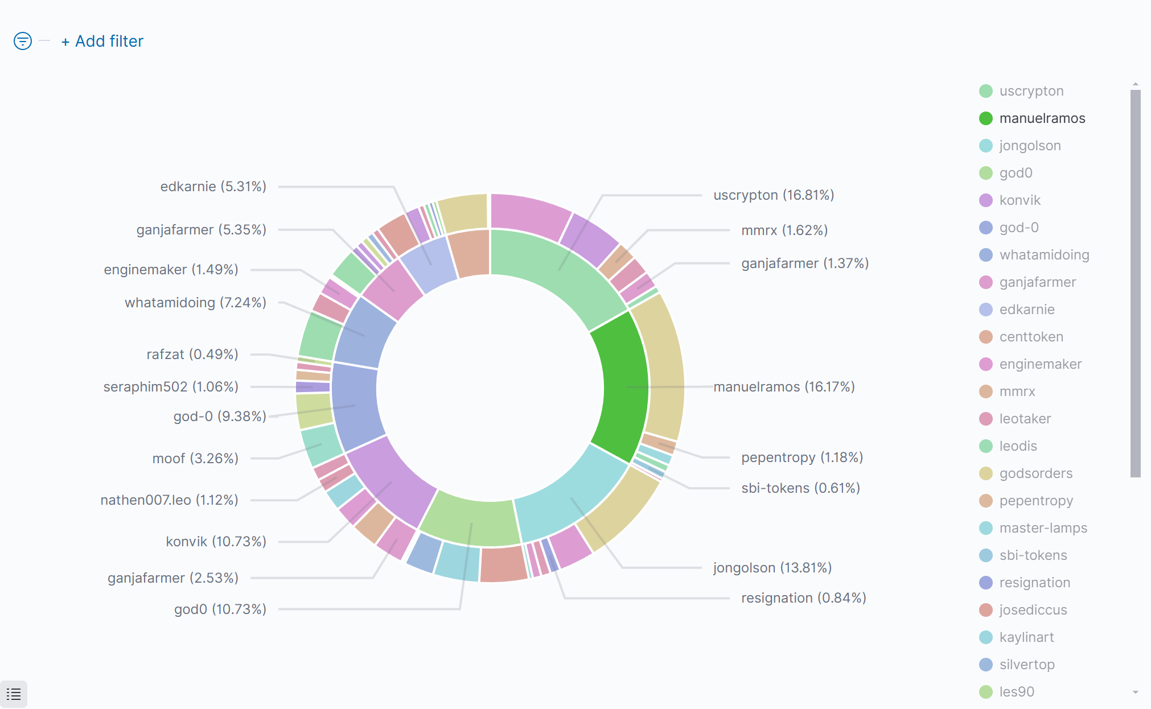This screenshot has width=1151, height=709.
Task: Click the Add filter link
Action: click(x=103, y=42)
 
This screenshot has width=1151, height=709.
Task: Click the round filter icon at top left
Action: click(x=23, y=41)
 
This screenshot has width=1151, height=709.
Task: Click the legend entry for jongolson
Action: click(x=1029, y=146)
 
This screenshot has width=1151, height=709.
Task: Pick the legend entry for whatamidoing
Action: click(x=1043, y=255)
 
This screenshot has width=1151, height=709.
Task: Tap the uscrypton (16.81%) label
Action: click(x=773, y=195)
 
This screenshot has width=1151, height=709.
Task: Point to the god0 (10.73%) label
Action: click(x=220, y=609)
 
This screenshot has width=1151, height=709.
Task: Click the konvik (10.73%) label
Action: click(x=216, y=541)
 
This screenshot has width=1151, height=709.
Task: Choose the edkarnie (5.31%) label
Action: click(x=213, y=187)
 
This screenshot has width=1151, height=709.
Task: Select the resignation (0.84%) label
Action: click(x=803, y=598)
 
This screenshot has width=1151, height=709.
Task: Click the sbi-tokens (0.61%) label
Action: click(x=800, y=488)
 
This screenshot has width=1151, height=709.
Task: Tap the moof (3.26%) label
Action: click(x=195, y=459)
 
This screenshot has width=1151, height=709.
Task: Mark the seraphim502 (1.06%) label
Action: click(x=170, y=387)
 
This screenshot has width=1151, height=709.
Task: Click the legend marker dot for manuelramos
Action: click(x=986, y=118)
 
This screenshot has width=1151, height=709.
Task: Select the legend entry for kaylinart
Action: click(x=1026, y=637)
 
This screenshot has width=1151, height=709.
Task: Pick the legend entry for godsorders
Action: click(x=1035, y=473)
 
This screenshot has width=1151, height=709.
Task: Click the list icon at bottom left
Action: click(x=14, y=694)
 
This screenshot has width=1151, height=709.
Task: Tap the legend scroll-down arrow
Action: click(x=1136, y=692)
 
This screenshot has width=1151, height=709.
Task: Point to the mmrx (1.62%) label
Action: click(x=784, y=230)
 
